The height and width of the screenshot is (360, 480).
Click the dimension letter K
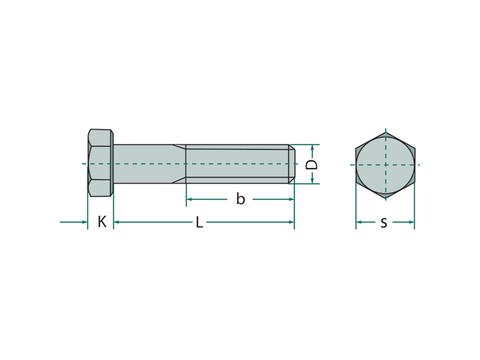tap(102, 222)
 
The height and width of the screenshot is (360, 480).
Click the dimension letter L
tap(199, 222)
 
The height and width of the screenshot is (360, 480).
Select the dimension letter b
tap(240, 199)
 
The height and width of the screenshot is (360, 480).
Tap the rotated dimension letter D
tap(312, 165)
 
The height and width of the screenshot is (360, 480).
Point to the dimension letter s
tap(384, 223)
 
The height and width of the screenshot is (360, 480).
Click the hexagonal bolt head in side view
tap(100, 163)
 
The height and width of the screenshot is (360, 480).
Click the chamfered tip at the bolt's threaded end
tap(292, 164)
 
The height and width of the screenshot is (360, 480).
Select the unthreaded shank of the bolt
tap(143, 164)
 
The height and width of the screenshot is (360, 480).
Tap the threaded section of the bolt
tap(237, 164)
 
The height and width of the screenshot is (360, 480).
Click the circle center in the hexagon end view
tap(385, 165)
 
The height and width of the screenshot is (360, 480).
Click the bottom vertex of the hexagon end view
tap(385, 199)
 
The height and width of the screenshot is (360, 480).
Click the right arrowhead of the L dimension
tap(291, 222)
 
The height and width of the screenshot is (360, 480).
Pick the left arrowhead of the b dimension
tap(189, 199)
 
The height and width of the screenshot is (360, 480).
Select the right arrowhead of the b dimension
tap(291, 199)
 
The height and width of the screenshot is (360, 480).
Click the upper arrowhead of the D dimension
tap(312, 148)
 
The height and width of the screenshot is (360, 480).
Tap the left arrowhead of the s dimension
tap(359, 222)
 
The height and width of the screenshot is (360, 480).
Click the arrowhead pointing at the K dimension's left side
tap(84, 222)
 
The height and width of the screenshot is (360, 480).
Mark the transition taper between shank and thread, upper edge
tap(179, 147)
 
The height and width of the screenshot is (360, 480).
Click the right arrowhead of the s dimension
tap(412, 222)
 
